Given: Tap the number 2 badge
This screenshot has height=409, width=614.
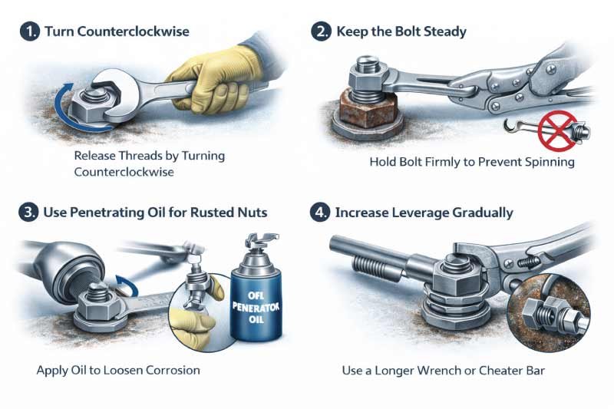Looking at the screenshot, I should click(x=321, y=31).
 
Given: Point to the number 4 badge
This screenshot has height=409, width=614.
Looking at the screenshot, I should click(x=321, y=212).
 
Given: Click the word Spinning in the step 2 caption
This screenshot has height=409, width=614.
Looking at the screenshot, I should click(x=545, y=163).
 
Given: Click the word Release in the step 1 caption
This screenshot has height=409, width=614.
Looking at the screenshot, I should click(x=96, y=156).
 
